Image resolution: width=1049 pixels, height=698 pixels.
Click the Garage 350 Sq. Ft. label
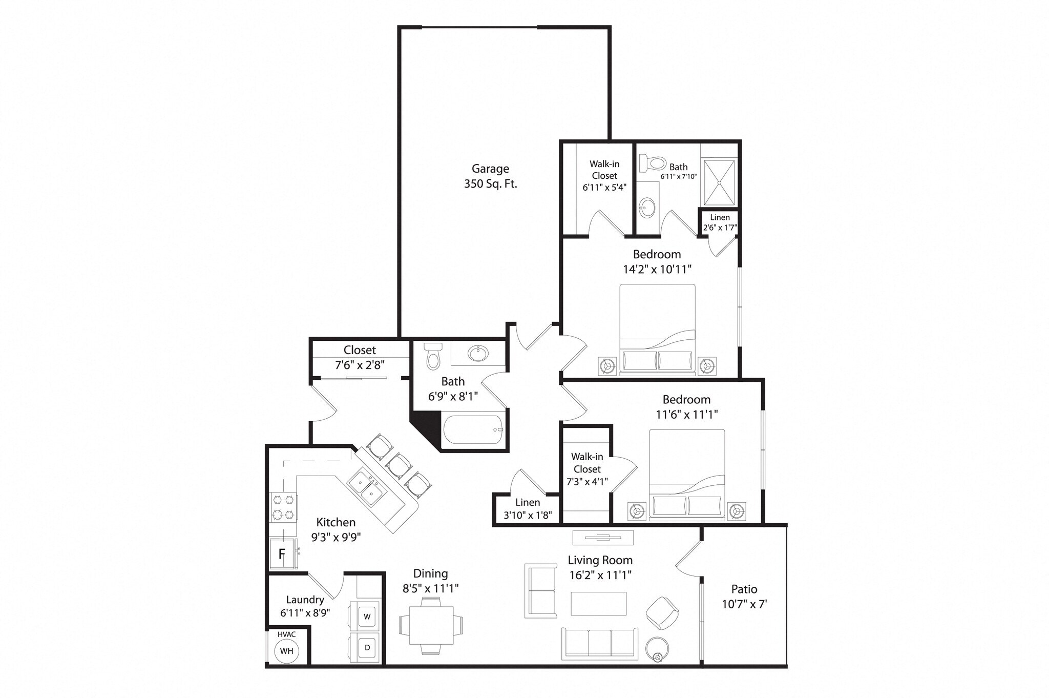[x=490, y=176]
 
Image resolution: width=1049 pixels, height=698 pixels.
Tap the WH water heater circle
[x=286, y=651]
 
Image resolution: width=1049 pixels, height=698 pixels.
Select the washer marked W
[x=367, y=617]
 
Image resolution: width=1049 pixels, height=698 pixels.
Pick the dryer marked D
[x=367, y=647]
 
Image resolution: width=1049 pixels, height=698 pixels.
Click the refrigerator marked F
[x=282, y=553]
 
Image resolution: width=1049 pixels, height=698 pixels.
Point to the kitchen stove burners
[x=283, y=506]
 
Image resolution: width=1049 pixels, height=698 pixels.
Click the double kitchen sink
[x=368, y=487]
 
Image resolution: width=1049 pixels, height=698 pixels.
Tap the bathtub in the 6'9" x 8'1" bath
[x=473, y=430]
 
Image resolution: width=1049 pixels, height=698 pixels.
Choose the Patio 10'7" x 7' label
[x=744, y=597]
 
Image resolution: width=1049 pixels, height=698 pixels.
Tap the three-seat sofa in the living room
[x=599, y=643]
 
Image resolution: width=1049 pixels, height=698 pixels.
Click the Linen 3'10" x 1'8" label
[x=527, y=509]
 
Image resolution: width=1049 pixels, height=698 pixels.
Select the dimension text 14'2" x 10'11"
[x=657, y=269]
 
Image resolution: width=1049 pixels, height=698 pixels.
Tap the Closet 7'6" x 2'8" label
[x=360, y=357]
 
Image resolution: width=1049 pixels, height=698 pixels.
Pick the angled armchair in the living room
[x=662, y=613]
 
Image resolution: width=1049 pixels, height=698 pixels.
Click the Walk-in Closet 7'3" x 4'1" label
[x=587, y=469]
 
